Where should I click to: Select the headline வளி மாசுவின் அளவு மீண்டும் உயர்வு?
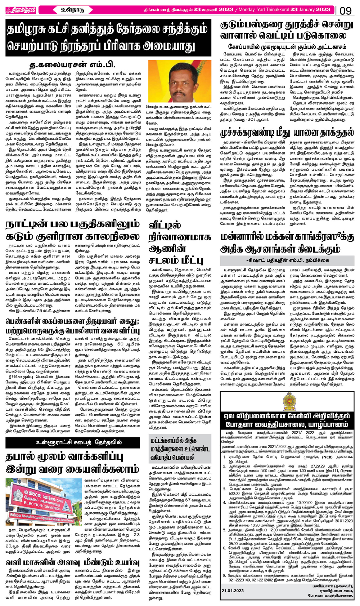[72, 562]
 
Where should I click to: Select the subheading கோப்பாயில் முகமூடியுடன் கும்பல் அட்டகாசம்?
[287, 47]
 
